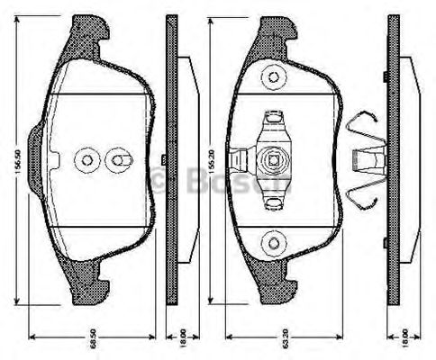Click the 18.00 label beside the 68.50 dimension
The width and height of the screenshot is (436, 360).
tap(183, 339)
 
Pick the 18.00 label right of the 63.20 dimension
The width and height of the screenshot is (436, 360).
tap(405, 339)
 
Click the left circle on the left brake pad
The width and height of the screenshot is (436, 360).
tap(86, 161)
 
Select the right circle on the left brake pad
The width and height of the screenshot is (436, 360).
tap(116, 161)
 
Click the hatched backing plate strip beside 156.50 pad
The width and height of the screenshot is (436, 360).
tap(168, 162)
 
